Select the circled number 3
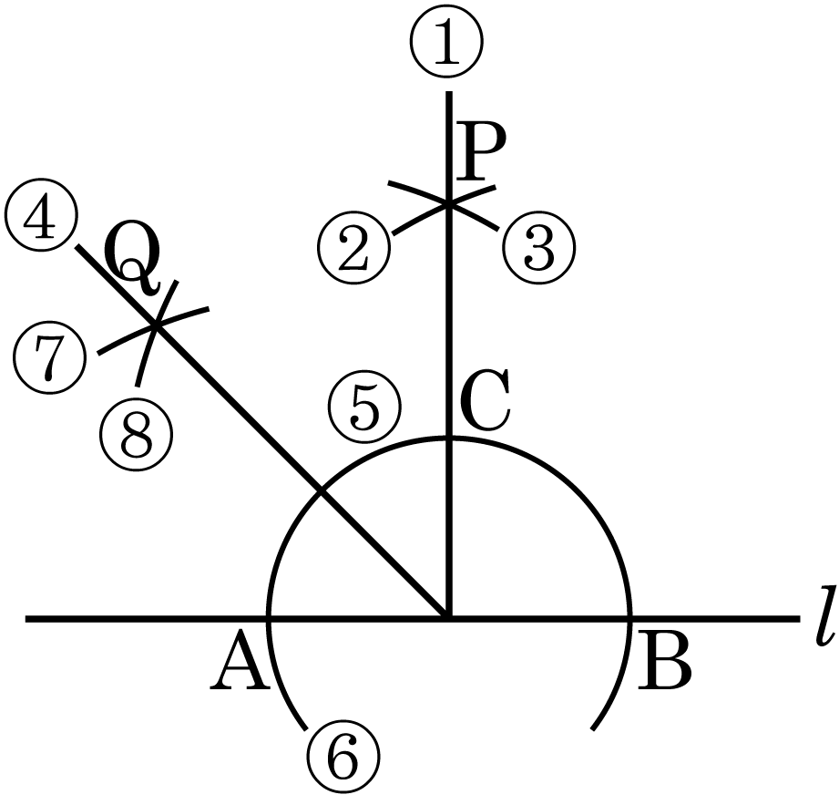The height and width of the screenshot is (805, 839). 540,249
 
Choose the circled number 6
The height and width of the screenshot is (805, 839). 342,759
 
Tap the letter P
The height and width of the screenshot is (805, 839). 483,153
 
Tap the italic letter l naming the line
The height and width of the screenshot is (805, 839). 825,623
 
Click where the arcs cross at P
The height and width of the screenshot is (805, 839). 447,202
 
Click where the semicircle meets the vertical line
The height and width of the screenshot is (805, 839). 447,438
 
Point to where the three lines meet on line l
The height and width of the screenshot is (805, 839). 447,619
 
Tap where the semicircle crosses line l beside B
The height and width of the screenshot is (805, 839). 629,619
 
